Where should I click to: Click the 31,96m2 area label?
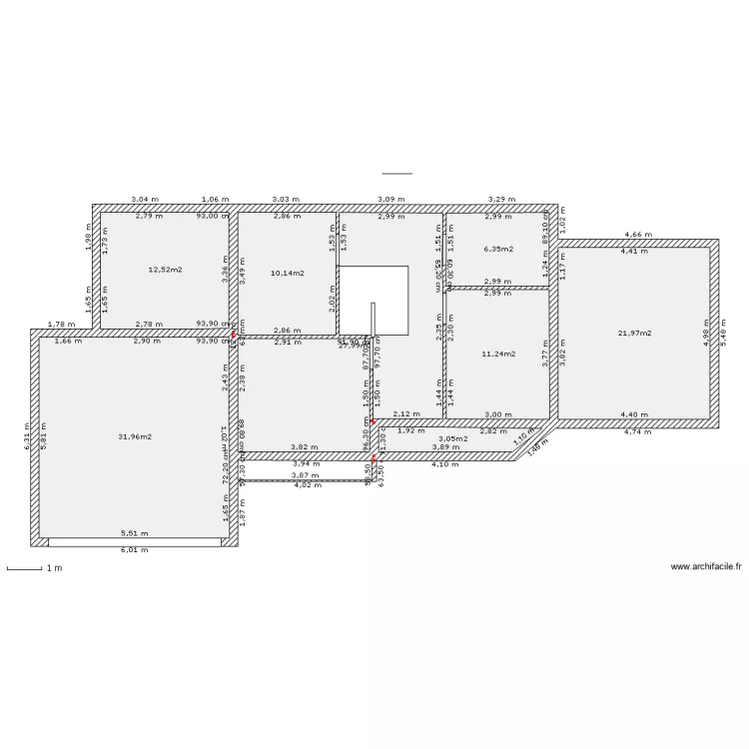coord(135,436)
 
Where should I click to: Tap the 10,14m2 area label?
coord(288,272)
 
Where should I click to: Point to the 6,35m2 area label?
coord(497,249)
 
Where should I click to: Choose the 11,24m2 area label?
coord(497,354)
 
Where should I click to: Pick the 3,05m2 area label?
coord(452,438)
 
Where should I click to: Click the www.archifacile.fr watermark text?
coord(706,566)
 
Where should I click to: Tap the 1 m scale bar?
coord(24,569)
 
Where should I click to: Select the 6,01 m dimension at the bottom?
coord(134,549)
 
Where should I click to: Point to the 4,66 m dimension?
coord(638,235)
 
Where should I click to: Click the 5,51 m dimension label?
coord(134,534)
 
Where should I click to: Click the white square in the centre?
coord(374,300)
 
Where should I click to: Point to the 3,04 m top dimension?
coord(145,200)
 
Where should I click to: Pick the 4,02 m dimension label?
coord(308,485)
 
